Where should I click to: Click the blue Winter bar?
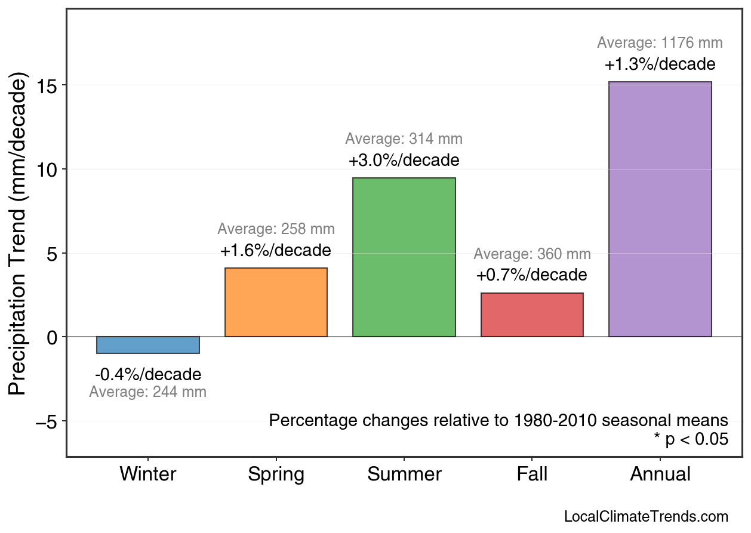pyautogui.click(x=148, y=345)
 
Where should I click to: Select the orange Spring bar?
pyautogui.click(x=276, y=303)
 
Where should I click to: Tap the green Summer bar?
pyautogui.click(x=404, y=257)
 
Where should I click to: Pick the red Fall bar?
pyautogui.click(x=532, y=315)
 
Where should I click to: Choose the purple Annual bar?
pyautogui.click(x=660, y=209)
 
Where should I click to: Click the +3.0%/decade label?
pyautogui.click(x=404, y=161)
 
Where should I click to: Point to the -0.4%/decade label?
pyautogui.click(x=148, y=375)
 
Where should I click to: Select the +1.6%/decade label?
pyautogui.click(x=276, y=251)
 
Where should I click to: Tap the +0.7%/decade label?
pyautogui.click(x=532, y=275)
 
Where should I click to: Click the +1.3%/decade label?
pyautogui.click(x=660, y=64)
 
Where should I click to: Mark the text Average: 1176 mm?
pyautogui.click(x=660, y=43)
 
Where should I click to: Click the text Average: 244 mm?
pyautogui.click(x=148, y=393)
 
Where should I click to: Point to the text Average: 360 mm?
pyautogui.click(x=532, y=254)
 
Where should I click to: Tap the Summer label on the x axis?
pyautogui.click(x=404, y=475)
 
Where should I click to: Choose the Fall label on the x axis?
pyautogui.click(x=532, y=475)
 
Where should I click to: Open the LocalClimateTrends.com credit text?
pyautogui.click(x=646, y=517)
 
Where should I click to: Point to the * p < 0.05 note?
pyautogui.click(x=691, y=440)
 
